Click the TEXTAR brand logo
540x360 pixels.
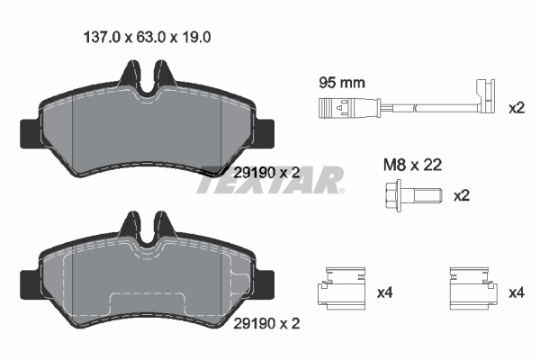click(270, 179)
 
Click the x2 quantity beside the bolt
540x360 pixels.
click(462, 195)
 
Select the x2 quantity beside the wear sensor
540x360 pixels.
click(516, 108)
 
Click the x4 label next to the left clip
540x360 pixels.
click(385, 292)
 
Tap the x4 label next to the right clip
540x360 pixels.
click(516, 292)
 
